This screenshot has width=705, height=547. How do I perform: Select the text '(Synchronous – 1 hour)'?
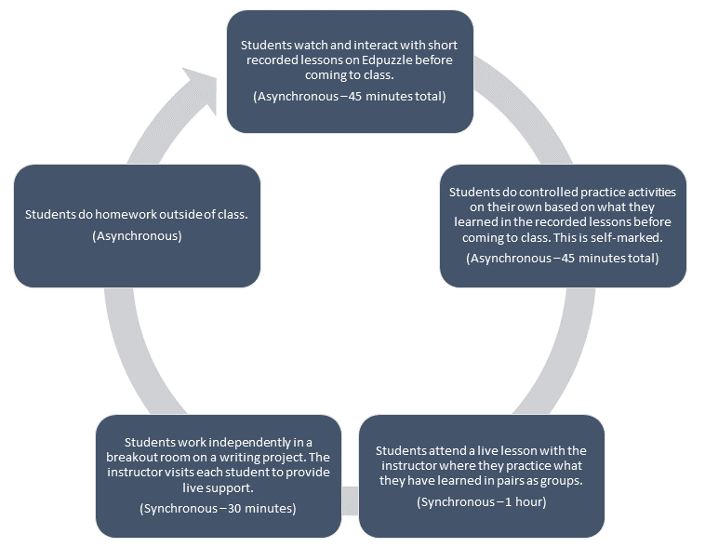482,502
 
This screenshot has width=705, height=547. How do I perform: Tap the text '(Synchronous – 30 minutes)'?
218,508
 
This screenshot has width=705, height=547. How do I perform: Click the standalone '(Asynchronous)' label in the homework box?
137,236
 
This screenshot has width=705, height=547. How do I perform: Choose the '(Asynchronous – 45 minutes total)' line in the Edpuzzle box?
350,97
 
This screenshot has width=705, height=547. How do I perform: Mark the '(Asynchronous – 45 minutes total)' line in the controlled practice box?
563,258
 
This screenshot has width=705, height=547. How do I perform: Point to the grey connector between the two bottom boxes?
350,500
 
